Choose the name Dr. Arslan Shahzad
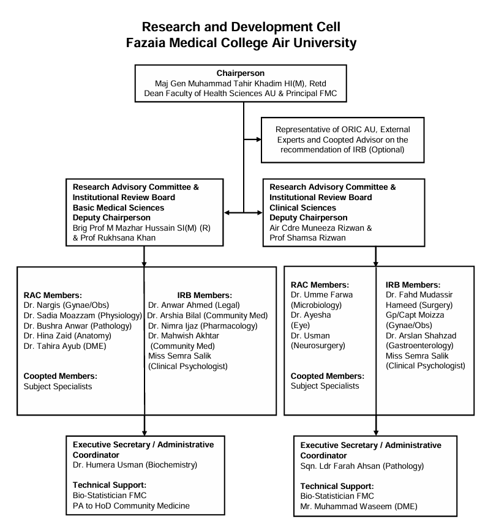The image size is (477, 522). click(x=423, y=335)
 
